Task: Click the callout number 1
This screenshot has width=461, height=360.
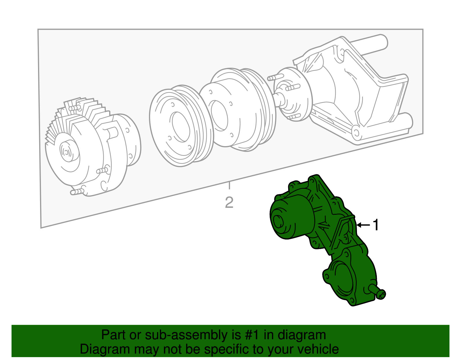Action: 376,225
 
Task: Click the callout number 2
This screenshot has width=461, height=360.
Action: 229,203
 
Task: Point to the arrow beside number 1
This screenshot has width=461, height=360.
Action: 363,225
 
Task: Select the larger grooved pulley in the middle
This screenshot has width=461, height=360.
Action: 239,110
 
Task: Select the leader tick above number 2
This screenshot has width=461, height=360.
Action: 229,186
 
